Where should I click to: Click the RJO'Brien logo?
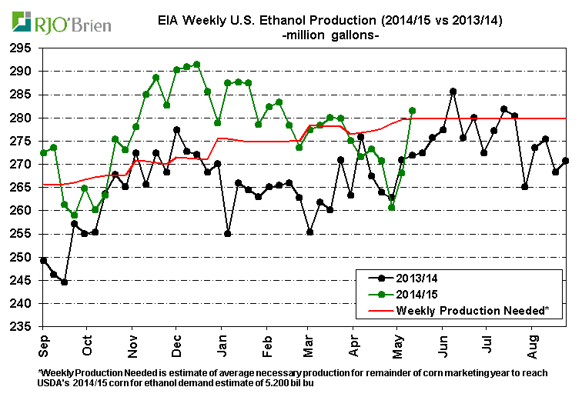[x=59, y=24]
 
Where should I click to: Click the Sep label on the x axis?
[x=43, y=344]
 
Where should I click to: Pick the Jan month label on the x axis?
[x=221, y=344]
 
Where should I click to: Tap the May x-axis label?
[x=398, y=344]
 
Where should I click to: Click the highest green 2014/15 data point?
[x=196, y=65]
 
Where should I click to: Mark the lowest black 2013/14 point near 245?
[x=64, y=282]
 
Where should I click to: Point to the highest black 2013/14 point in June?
[x=453, y=92]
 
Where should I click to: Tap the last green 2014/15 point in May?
[x=412, y=110]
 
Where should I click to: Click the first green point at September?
[x=43, y=152]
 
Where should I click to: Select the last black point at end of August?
[x=566, y=161]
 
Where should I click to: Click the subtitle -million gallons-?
[x=331, y=35]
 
